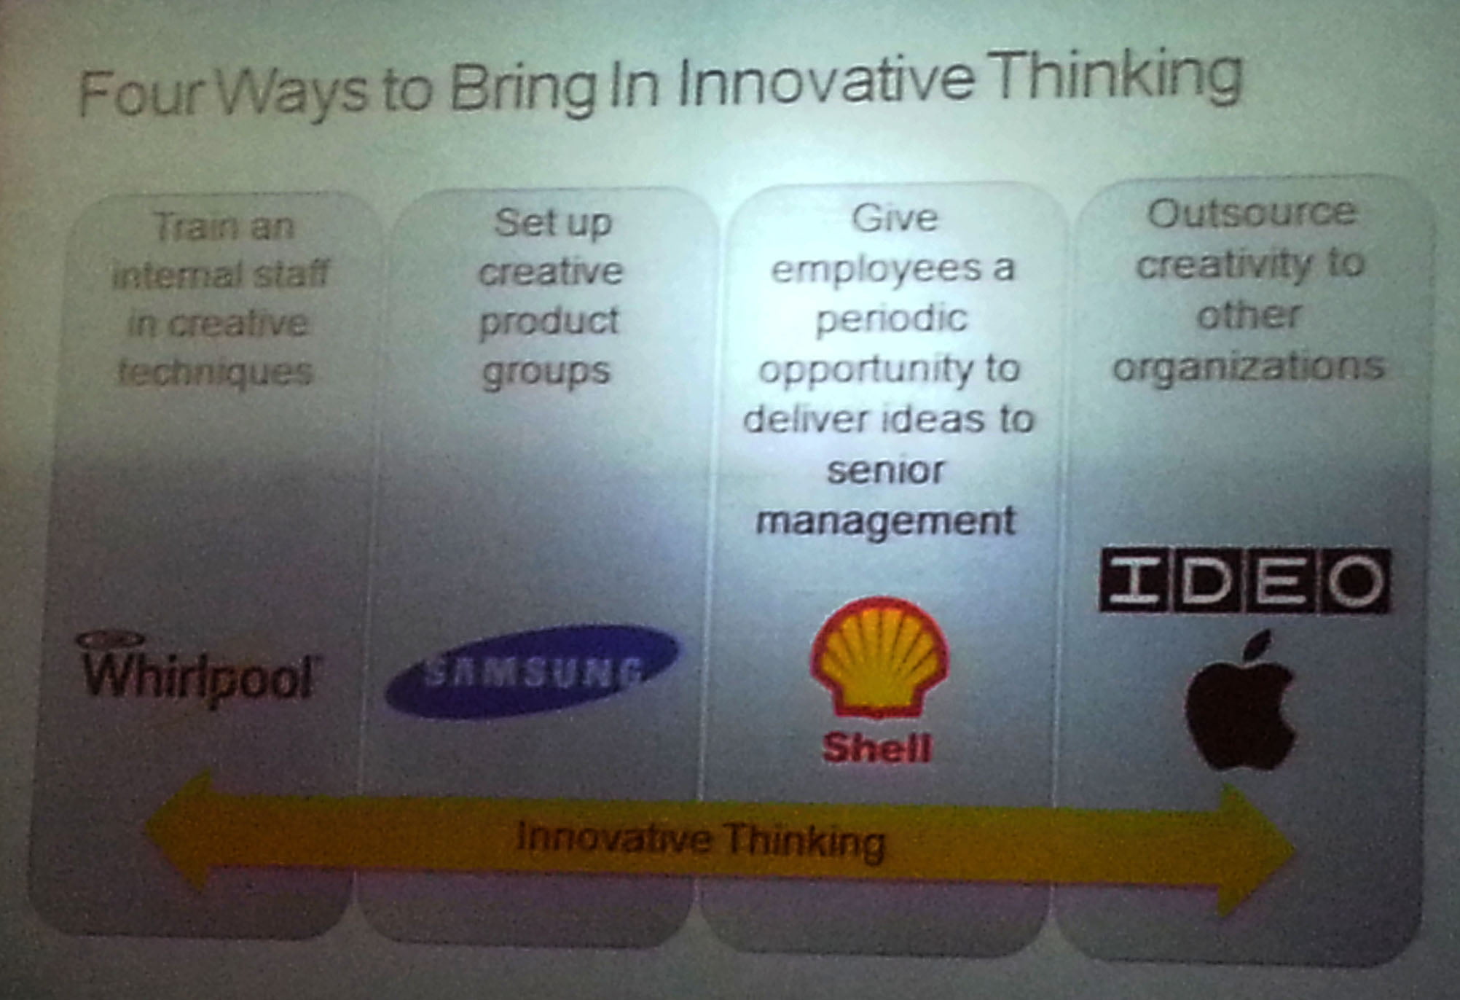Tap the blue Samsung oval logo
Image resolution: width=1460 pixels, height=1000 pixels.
[533, 671]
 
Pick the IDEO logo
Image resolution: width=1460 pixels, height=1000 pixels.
[1244, 580]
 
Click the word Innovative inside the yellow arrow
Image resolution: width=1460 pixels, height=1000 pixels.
[614, 837]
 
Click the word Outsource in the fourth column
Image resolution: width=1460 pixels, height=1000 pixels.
[1252, 214]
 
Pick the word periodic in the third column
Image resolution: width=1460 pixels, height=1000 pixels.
[892, 319]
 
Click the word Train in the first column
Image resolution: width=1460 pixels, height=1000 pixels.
[186, 227]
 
